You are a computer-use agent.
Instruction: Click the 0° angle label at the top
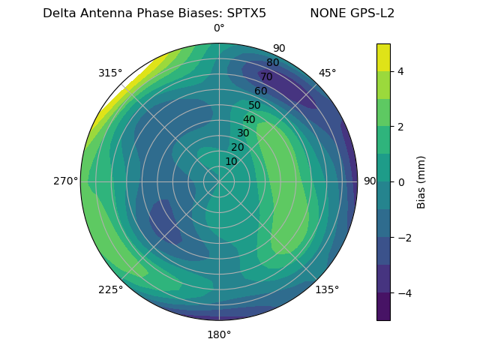[x=219, y=28]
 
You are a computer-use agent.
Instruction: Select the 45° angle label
[x=327, y=73]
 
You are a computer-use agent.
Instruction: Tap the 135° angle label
[x=327, y=289]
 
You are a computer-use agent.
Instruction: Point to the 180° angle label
[x=219, y=334]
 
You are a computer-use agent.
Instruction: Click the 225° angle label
[x=110, y=289]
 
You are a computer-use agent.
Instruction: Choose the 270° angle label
[x=65, y=181]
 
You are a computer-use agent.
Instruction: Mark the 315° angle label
[x=110, y=73]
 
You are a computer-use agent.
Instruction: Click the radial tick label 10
[x=231, y=161]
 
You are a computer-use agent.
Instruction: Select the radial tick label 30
[x=243, y=133]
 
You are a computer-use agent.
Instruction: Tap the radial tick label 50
[x=255, y=106]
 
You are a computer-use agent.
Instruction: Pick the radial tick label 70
[x=266, y=77]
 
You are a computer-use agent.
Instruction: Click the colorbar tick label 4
[x=400, y=71]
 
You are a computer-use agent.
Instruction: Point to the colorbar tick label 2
[x=400, y=127]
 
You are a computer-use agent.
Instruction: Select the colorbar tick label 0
[x=400, y=182]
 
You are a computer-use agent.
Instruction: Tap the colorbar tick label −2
[x=403, y=238]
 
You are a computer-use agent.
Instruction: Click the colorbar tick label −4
[x=403, y=293]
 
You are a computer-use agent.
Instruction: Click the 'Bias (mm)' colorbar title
[x=421, y=182]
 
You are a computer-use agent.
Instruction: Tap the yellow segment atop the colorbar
[x=383, y=57]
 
